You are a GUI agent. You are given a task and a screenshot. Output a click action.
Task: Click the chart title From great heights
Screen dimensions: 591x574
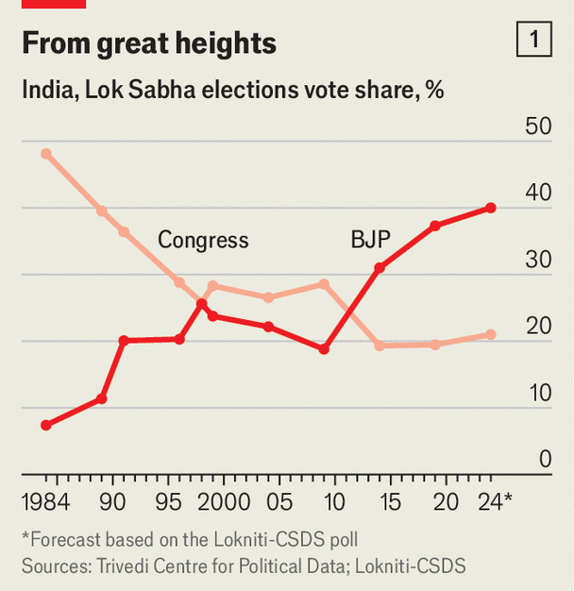tap(149, 42)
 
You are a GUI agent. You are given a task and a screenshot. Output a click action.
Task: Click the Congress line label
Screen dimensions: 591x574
tap(203, 240)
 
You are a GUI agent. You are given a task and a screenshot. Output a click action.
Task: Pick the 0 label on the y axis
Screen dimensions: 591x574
tap(544, 460)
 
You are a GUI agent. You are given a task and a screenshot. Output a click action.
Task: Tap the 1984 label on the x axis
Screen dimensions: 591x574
tap(47, 500)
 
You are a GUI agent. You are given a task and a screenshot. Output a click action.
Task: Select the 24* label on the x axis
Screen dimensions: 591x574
tap(494, 500)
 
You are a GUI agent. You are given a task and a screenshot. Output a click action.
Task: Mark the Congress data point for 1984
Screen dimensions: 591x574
tap(46, 153)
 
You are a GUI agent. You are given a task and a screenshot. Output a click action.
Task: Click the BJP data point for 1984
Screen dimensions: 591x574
tap(46, 425)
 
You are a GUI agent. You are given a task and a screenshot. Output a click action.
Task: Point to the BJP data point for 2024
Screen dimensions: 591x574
tap(491, 208)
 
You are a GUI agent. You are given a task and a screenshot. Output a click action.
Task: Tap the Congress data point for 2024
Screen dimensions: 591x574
tap(491, 334)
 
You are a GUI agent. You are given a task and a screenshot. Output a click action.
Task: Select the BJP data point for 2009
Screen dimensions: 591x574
tap(324, 349)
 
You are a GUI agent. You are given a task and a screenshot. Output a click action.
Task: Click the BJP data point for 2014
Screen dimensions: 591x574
tap(380, 268)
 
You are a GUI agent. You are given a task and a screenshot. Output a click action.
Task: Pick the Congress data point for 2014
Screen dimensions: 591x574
tap(380, 346)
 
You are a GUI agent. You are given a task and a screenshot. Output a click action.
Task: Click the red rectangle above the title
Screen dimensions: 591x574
tap(54, 4)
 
